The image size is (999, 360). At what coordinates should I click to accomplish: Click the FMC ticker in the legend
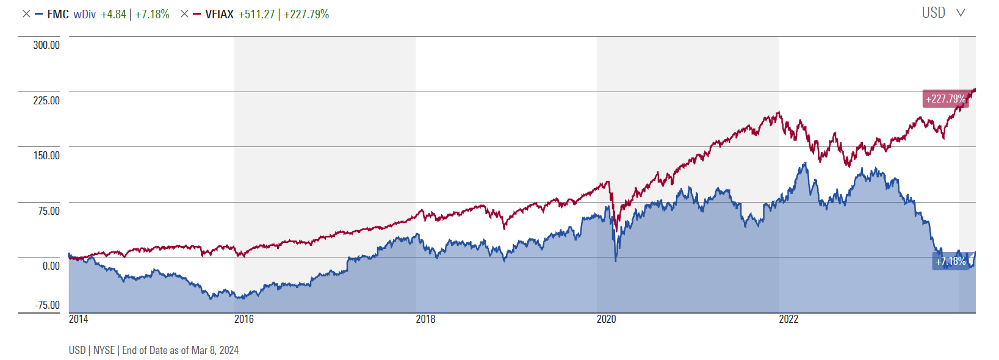(x=58, y=14)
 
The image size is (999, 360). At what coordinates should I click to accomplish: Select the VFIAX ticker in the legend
(x=220, y=14)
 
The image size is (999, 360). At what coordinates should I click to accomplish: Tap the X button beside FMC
(x=26, y=14)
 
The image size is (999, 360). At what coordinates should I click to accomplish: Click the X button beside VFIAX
(x=184, y=14)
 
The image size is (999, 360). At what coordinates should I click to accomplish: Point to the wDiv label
(x=85, y=14)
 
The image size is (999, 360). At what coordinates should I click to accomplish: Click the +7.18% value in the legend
(x=152, y=14)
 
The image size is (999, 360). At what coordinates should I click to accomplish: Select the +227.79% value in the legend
(x=306, y=14)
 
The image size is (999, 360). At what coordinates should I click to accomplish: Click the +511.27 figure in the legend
(x=256, y=14)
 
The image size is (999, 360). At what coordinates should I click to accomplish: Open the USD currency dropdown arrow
(x=961, y=13)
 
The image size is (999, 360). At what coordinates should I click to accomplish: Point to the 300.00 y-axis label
(x=46, y=45)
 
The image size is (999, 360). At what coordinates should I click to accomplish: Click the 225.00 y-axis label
(x=46, y=100)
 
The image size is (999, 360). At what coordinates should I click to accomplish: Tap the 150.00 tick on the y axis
(x=46, y=156)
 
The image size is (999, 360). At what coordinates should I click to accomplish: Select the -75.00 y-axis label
(x=46, y=305)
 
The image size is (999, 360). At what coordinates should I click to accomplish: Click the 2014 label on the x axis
(x=79, y=319)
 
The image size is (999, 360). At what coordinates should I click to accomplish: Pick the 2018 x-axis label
(x=425, y=319)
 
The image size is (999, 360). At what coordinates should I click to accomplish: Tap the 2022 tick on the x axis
(x=788, y=319)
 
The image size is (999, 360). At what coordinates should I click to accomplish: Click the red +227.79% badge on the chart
(x=945, y=99)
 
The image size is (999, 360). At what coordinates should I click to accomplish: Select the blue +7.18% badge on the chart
(x=950, y=261)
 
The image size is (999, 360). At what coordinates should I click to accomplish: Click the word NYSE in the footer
(x=104, y=350)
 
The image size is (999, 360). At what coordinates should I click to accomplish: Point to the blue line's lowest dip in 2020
(x=616, y=261)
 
